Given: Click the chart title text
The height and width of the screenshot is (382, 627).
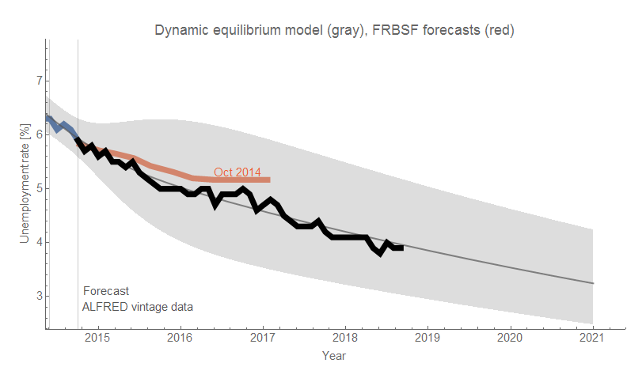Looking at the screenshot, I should [335, 31].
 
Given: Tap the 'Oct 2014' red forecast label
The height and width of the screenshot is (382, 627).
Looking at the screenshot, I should [237, 172].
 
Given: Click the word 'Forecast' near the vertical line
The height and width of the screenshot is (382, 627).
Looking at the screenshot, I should [106, 291].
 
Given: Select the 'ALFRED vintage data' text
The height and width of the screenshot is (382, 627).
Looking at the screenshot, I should [138, 306].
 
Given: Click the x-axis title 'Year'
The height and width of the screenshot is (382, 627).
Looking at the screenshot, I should [333, 356].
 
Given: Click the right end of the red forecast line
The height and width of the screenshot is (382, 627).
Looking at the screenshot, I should [269, 180].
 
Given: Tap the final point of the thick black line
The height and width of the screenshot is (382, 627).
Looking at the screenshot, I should [402, 248].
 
